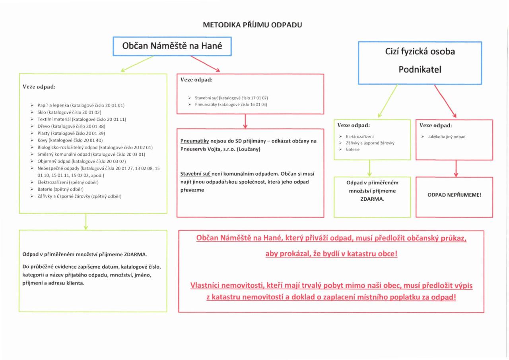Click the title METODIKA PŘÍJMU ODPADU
(253, 25)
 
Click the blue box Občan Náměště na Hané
(172, 46)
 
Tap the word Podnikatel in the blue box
(420, 69)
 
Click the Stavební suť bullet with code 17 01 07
(234, 98)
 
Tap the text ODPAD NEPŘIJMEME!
(454, 195)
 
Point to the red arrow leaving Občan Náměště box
(205, 64)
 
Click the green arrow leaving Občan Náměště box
(137, 64)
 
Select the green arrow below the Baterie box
(370, 168)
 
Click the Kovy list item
(70, 140)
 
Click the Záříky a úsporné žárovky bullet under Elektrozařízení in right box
(369, 143)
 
